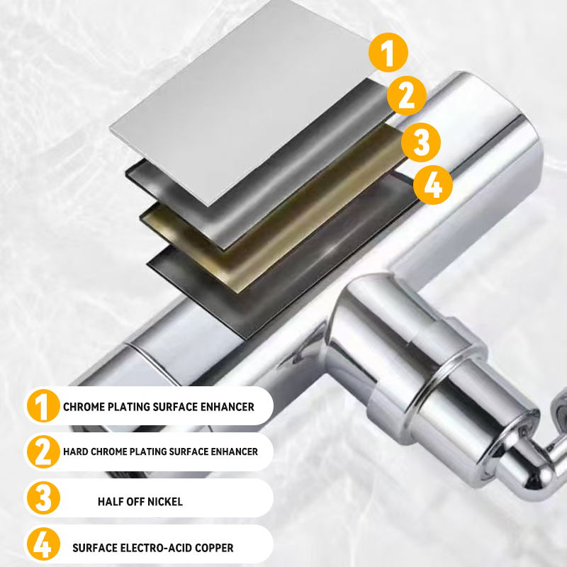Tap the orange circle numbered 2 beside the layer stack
pyautogui.click(x=406, y=95)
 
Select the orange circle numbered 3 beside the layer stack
pyautogui.click(x=421, y=142)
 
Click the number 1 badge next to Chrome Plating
pyautogui.click(x=44, y=407)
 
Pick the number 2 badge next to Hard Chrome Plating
pyautogui.click(x=44, y=451)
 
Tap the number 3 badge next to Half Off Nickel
pyautogui.click(x=44, y=498)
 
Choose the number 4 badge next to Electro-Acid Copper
pyautogui.click(x=44, y=546)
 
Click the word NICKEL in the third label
pyautogui.click(x=164, y=502)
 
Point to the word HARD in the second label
pyautogui.click(x=75, y=451)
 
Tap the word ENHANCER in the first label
pyautogui.click(x=227, y=408)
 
